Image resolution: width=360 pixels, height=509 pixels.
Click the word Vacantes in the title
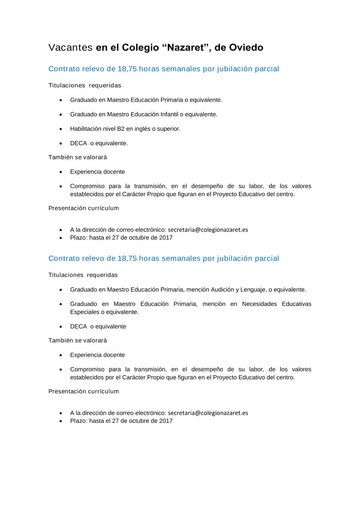point(71,47)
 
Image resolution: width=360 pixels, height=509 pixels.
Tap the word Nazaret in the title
point(186,47)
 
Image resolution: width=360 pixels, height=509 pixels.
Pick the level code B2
point(121,129)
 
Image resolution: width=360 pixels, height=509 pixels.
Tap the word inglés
point(143,129)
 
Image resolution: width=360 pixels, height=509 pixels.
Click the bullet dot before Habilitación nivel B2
point(61,129)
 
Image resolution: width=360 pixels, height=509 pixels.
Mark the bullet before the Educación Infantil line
point(61,115)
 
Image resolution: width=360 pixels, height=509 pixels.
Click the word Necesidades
point(259,304)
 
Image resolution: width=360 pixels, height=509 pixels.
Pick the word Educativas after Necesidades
point(296,304)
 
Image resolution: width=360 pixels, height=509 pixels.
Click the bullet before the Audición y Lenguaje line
point(61,290)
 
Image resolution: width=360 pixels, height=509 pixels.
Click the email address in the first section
point(208,230)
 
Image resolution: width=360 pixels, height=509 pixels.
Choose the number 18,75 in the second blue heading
point(127,258)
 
